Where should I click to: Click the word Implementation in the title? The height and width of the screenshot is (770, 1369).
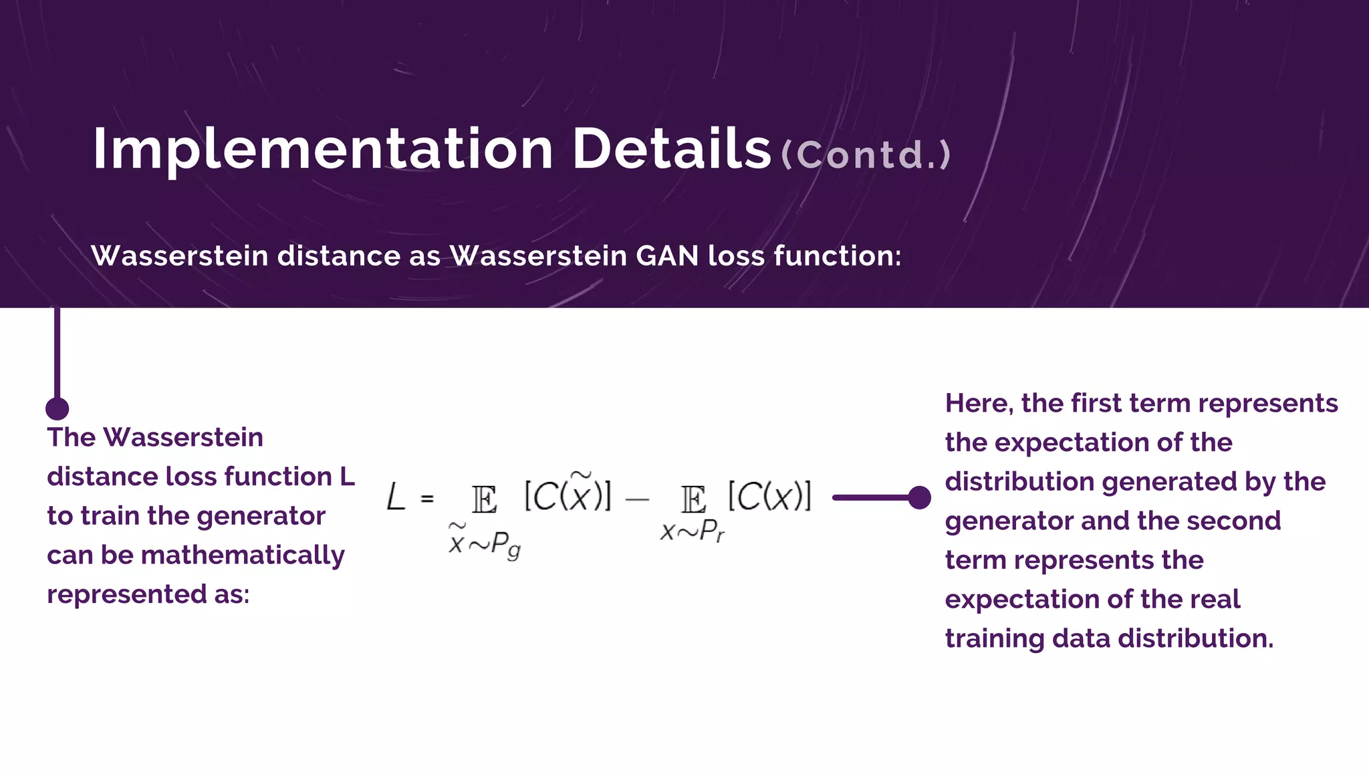[322, 150]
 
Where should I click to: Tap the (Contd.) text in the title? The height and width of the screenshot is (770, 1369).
[866, 155]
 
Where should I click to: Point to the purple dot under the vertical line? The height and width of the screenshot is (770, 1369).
[57, 408]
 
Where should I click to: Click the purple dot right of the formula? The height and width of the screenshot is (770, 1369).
[920, 497]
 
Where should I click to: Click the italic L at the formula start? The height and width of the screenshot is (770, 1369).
[396, 498]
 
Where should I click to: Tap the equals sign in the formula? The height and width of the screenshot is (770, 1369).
[427, 499]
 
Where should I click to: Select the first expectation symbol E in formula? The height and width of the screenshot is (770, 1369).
[484, 499]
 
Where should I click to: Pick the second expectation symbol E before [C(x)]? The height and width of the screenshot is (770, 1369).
[693, 499]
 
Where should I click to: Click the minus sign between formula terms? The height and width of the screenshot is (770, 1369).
[637, 499]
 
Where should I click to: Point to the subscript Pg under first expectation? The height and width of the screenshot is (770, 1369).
[505, 545]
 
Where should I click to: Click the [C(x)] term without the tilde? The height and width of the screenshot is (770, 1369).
[769, 496]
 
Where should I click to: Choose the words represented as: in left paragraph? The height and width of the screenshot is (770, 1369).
[148, 594]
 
